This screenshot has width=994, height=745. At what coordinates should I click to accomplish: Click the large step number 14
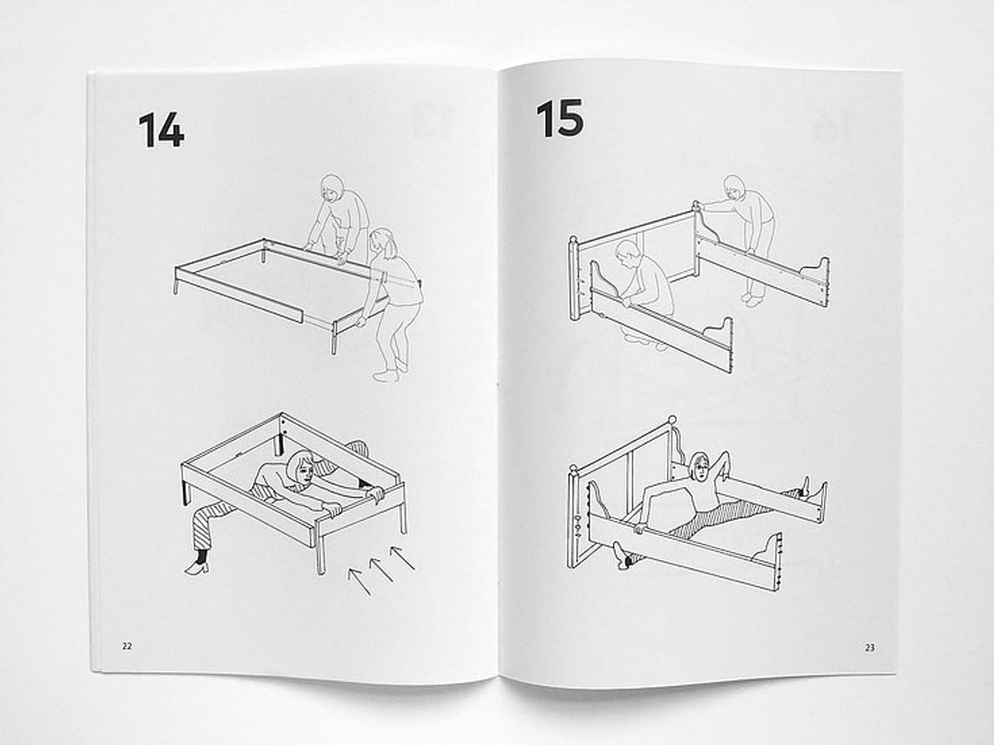(x=161, y=130)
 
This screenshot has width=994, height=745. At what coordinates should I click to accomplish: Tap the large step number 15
(x=559, y=118)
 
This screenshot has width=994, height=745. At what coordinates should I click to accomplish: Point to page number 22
(x=127, y=646)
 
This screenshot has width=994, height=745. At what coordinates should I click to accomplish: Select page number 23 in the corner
(x=870, y=647)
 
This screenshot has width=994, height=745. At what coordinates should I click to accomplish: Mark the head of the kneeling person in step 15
(x=627, y=255)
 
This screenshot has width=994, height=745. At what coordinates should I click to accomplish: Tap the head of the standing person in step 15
(x=734, y=188)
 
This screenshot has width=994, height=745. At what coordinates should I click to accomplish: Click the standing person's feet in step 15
(x=753, y=298)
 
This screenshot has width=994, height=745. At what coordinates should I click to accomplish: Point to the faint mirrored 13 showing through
(x=431, y=120)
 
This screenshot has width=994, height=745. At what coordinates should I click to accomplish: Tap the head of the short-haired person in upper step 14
(x=332, y=188)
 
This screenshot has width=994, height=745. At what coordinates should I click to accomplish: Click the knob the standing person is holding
(x=696, y=205)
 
